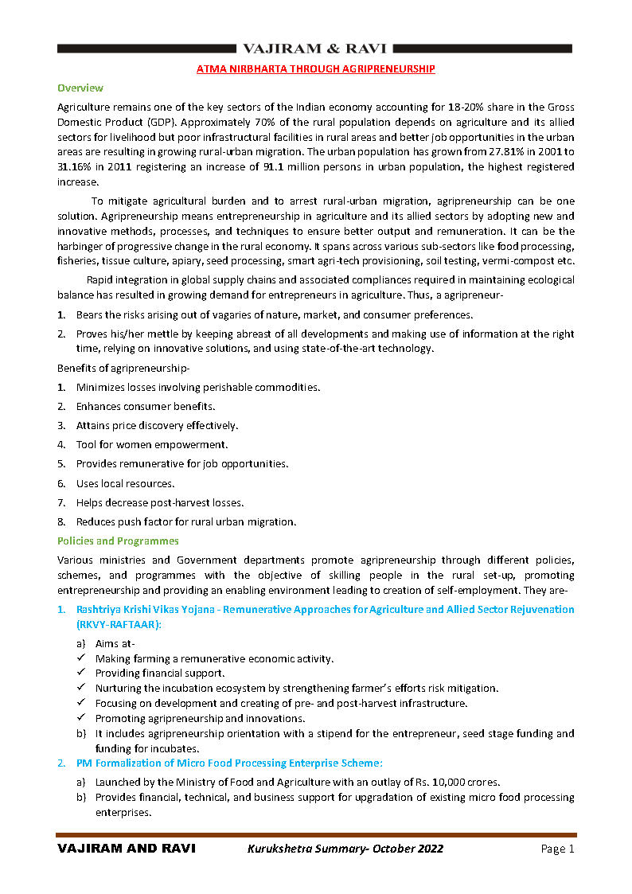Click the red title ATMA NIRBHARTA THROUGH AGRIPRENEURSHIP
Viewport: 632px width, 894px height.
point(316,69)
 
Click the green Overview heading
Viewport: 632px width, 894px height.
point(80,88)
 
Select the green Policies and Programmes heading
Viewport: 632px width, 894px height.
point(118,541)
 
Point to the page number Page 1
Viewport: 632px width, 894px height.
point(557,849)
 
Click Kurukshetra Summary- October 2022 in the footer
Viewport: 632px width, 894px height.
point(345,849)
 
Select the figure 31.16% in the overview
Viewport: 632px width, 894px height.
point(77,166)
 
